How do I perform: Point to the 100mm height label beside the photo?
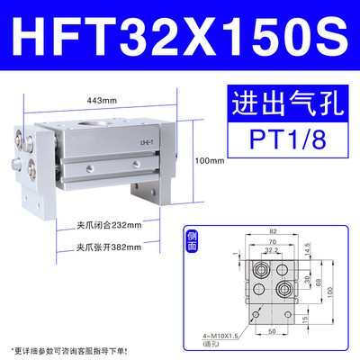coord(211,160)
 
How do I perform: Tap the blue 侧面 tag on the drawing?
coord(189,241)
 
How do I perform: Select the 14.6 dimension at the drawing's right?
coord(305,244)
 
